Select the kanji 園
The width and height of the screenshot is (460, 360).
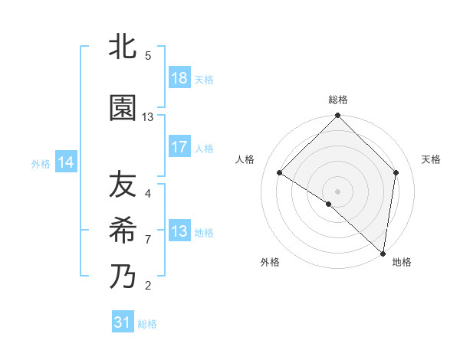coord(123,108)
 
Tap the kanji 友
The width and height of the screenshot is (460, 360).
coord(123,185)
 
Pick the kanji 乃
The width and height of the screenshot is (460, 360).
coord(123,276)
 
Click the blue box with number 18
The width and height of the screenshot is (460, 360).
coord(179,78)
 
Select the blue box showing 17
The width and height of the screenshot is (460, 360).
coord(179,147)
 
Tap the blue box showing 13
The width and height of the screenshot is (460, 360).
coord(179,231)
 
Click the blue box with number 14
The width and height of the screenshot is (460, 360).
coord(66,162)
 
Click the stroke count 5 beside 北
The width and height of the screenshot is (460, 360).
coord(148,56)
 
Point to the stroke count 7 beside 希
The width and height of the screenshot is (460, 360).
coord(148,240)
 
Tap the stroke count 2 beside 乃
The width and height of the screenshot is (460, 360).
coord(148,286)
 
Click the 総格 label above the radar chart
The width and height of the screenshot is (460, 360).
coord(338,100)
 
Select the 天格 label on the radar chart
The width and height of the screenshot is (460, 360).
coord(432,159)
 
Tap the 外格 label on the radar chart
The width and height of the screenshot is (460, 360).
coord(270,262)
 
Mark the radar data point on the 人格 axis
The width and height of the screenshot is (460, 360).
coord(280,173)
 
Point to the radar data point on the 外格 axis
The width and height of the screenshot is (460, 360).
coord(328,205)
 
